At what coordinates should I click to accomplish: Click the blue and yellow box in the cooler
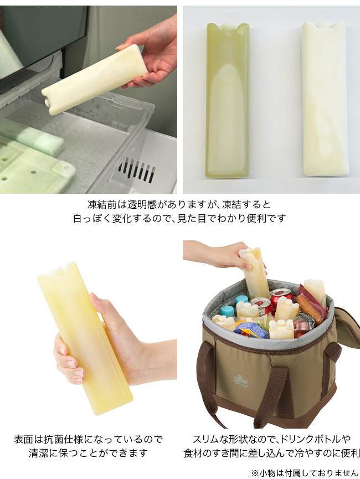pyautogui.click(x=251, y=330)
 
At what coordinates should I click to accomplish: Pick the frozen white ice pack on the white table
pyautogui.click(x=325, y=99)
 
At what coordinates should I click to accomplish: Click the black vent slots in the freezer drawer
pyautogui.click(x=137, y=170)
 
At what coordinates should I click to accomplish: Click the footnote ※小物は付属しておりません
pyautogui.click(x=305, y=473)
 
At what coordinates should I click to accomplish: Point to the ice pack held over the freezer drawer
pyautogui.click(x=95, y=79)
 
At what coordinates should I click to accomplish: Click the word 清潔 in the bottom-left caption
pyautogui.click(x=39, y=453)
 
